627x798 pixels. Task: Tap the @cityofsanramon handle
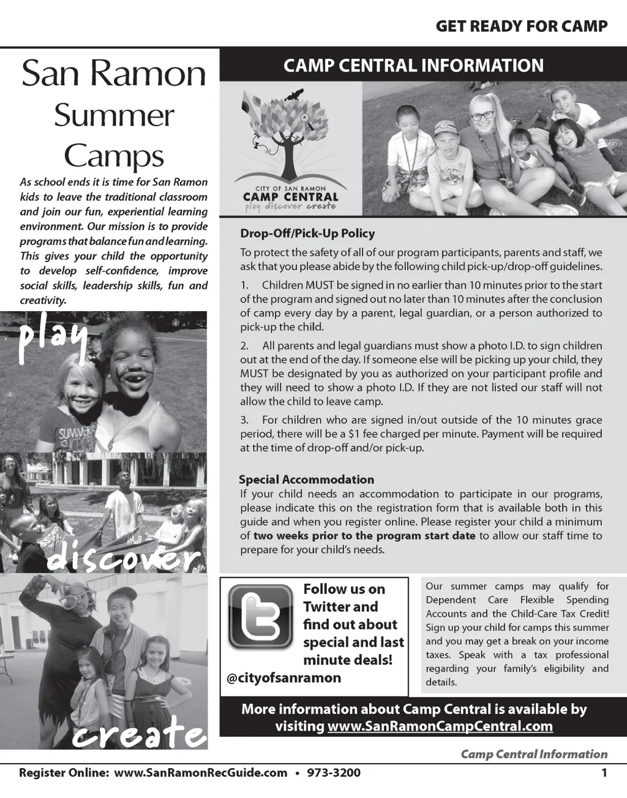point(284,678)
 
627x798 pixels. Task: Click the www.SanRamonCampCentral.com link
point(440,726)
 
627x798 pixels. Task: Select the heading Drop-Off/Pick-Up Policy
point(307,233)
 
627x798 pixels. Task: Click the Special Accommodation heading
point(306,480)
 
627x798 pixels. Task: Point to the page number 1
point(604,772)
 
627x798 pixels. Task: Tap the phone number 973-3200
point(333,772)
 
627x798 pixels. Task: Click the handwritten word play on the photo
point(53,337)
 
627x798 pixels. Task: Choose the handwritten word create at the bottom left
point(138,732)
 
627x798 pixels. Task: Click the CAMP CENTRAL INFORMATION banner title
point(413,66)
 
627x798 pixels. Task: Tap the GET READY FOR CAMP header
point(522,26)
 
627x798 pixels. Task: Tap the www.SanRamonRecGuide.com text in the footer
point(201,772)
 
